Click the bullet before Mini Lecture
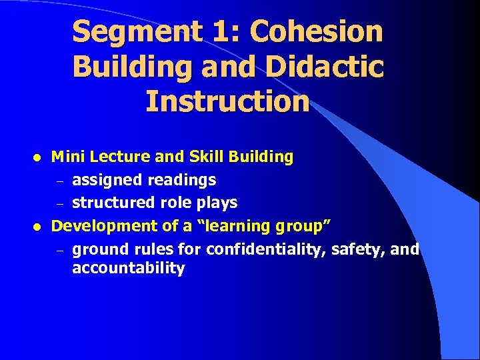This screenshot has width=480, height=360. [x=38, y=158]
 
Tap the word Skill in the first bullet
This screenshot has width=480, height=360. [x=206, y=157]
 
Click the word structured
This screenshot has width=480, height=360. [x=107, y=203]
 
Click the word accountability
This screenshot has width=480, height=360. [x=128, y=269]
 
